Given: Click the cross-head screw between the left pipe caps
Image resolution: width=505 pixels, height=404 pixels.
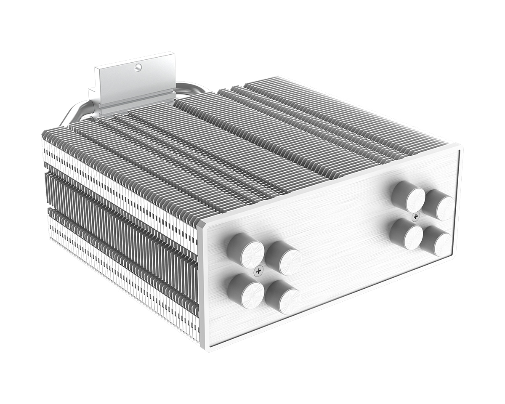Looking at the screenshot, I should click(258, 271).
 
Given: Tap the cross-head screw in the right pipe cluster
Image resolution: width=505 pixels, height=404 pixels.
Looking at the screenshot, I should click(416, 217).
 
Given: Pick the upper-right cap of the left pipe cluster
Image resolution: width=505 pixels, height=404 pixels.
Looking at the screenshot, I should click(284, 258).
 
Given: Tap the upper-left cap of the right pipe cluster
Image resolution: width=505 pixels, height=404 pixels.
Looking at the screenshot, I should click(408, 197).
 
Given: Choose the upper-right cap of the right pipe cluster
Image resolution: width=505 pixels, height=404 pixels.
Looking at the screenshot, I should click(439, 205).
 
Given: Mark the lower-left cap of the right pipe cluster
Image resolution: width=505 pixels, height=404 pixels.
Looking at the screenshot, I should click(407, 234).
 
